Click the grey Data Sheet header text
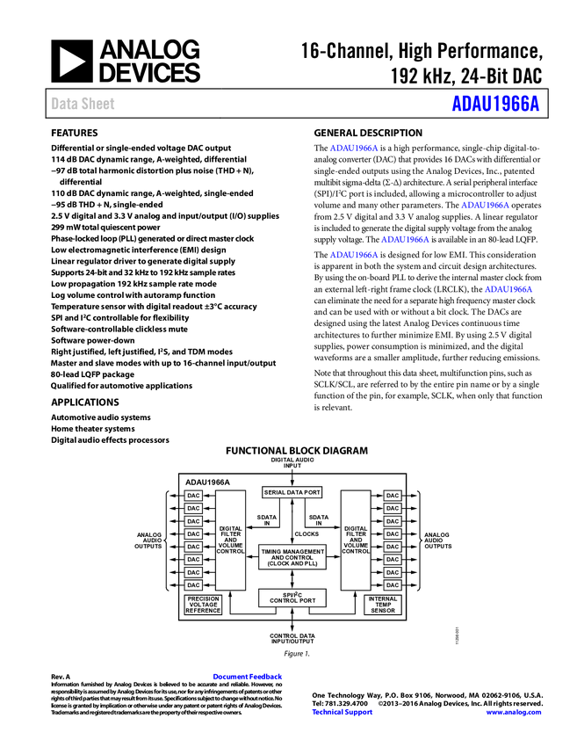83,104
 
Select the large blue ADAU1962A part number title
495,104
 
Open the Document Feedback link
249,677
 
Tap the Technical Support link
343,712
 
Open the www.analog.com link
514,712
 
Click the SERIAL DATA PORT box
292,493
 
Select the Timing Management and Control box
292,557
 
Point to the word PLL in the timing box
308,563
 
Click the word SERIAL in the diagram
274,493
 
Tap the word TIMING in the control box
272,551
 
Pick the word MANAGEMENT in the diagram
304,551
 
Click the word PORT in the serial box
313,493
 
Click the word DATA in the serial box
294,493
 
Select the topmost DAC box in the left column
193,496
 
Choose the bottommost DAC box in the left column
193,585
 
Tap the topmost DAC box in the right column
393,496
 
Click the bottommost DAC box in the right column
393,585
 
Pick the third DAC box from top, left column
193,521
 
